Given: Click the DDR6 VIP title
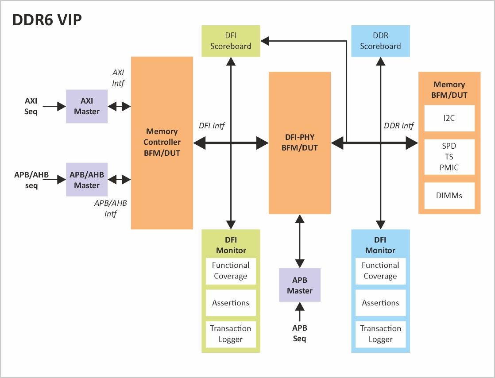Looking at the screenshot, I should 47,20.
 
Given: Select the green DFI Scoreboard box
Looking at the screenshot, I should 231,41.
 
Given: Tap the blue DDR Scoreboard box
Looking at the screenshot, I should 380,41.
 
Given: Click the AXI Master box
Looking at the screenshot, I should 87,106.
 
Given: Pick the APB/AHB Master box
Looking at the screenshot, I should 87,180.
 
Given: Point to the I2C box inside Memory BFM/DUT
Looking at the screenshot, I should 449,118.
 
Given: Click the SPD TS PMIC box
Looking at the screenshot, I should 449,157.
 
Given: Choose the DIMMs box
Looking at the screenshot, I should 449,195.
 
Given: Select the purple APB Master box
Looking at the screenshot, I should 300,285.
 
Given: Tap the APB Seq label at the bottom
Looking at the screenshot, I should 300,333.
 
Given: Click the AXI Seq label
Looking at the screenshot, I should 31,106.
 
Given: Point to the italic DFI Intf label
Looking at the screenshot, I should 212,126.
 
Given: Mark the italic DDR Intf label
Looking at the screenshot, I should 398,126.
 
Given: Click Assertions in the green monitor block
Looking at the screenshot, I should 231,303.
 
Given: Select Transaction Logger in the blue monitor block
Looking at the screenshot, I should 380,334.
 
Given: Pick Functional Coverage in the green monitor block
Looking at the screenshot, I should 231,270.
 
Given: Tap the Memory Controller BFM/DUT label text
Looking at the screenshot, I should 162,142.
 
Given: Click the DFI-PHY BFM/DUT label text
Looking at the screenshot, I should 300,142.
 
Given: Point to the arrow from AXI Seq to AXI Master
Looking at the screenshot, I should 54,106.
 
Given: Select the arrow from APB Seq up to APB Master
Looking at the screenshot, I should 300,312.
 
